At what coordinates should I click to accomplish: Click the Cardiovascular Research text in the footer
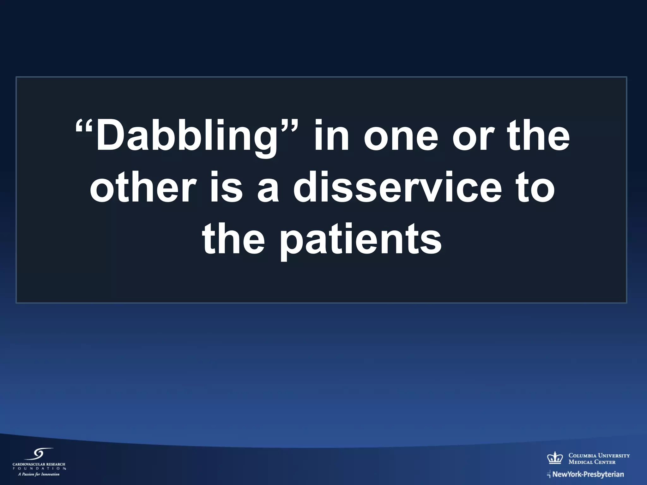coord(39,464)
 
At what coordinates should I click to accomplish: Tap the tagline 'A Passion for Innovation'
coord(39,474)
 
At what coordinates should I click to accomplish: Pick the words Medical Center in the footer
coord(592,462)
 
